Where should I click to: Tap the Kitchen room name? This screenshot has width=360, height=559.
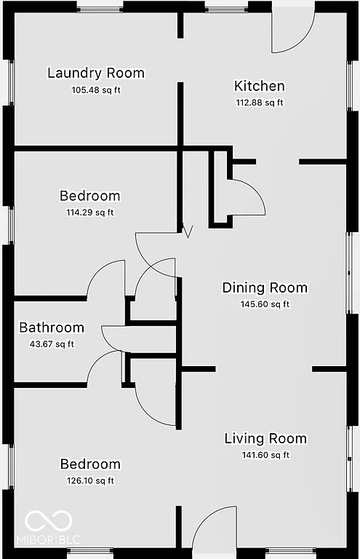coord(259,86)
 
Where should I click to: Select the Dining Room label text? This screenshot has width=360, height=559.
coord(265,288)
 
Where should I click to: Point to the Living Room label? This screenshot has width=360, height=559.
coord(265,438)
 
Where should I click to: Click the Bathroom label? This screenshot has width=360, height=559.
coord(52,328)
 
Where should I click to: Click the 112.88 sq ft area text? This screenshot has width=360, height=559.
coord(259,103)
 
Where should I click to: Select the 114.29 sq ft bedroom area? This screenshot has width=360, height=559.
coord(89,213)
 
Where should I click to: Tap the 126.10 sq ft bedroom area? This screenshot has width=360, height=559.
coord(89,480)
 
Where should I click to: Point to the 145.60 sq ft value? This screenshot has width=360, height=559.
coord(265,304)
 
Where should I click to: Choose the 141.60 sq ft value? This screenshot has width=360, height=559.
coord(265,455)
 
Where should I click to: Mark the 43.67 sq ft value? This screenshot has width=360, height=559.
coord(52,344)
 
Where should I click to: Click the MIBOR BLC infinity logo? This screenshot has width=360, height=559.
coord(49,520)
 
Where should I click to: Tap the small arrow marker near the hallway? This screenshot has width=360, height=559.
coord(188,232)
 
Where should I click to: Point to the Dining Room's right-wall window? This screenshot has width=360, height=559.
coord(352,273)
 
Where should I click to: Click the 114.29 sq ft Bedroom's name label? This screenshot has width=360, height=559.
coord(89,196)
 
